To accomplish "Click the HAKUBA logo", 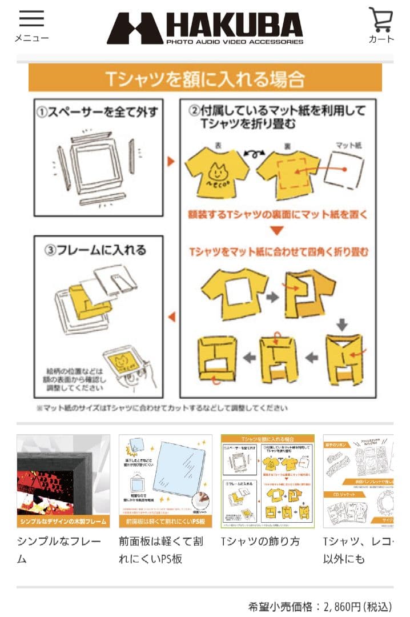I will pyautogui.click(x=205, y=28).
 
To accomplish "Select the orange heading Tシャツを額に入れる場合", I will pyautogui.click(x=205, y=78).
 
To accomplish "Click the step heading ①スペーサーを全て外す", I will pyautogui.click(x=97, y=112).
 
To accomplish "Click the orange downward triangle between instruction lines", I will pyautogui.click(x=276, y=231).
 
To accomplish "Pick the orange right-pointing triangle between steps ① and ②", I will pyautogui.click(x=170, y=161).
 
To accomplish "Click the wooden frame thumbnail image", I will pyautogui.click(x=63, y=481).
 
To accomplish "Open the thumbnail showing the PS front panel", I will pyautogui.click(x=166, y=481).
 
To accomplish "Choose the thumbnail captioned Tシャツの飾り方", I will pyautogui.click(x=267, y=481).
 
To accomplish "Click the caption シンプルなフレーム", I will pyautogui.click(x=59, y=550).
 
